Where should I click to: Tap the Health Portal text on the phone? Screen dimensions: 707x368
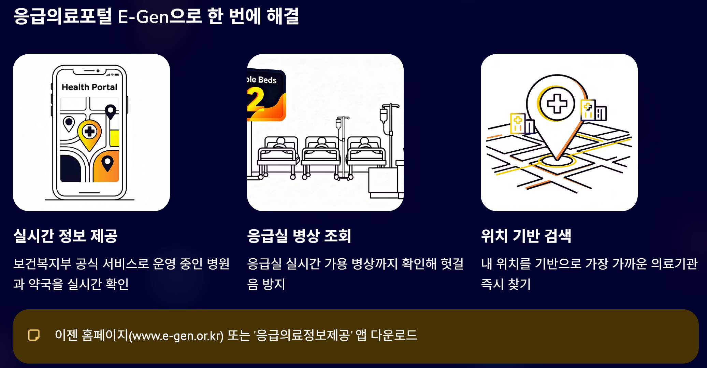click(x=89, y=87)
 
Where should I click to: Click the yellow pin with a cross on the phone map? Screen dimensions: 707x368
click(x=89, y=133)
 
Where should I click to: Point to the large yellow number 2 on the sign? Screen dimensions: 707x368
click(x=256, y=99)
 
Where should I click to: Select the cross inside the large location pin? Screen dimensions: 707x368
click(x=557, y=104)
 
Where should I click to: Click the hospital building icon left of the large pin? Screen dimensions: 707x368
click(x=521, y=123)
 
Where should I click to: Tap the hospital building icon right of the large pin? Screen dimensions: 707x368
click(x=593, y=110)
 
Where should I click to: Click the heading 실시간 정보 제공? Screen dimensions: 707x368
click(x=66, y=236)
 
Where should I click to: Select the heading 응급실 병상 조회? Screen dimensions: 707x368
click(x=299, y=236)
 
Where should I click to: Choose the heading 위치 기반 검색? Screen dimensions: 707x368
click(x=526, y=236)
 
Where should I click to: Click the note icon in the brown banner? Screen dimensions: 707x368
click(x=34, y=335)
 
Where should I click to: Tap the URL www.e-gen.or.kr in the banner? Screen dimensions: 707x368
click(x=176, y=336)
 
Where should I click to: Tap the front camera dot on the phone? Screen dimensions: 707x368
click(x=98, y=71)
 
